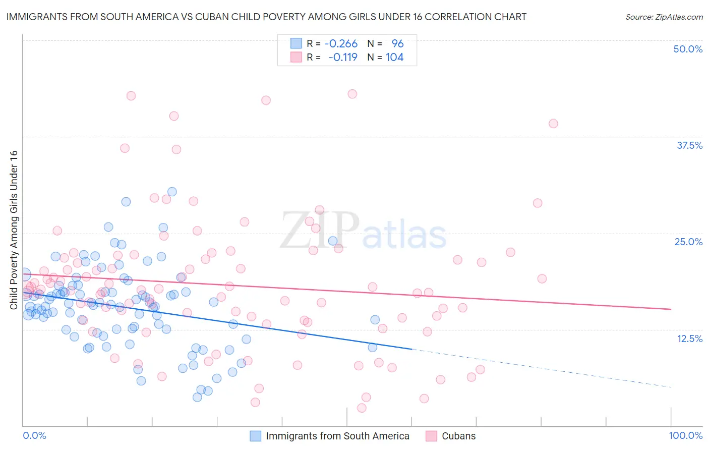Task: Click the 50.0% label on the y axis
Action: point(688,49)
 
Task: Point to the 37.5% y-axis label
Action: point(689,145)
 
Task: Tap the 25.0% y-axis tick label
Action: point(688,242)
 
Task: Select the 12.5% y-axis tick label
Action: point(689,339)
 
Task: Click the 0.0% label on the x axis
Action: point(34,435)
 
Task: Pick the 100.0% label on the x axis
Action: point(685,435)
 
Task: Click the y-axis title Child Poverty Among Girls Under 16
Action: point(14,230)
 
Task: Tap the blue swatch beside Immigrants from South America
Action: point(256,436)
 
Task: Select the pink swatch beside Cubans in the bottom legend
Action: point(431,436)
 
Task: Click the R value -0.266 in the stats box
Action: point(341,44)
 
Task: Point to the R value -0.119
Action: point(343,58)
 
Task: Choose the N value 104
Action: point(394,58)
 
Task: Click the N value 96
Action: point(397,44)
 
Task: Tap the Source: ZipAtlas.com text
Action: point(664,17)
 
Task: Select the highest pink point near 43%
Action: point(352,94)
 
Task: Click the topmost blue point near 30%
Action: point(172,192)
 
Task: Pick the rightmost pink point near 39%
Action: point(553,124)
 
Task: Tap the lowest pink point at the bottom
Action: point(362,408)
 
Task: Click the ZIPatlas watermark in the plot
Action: point(363,232)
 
